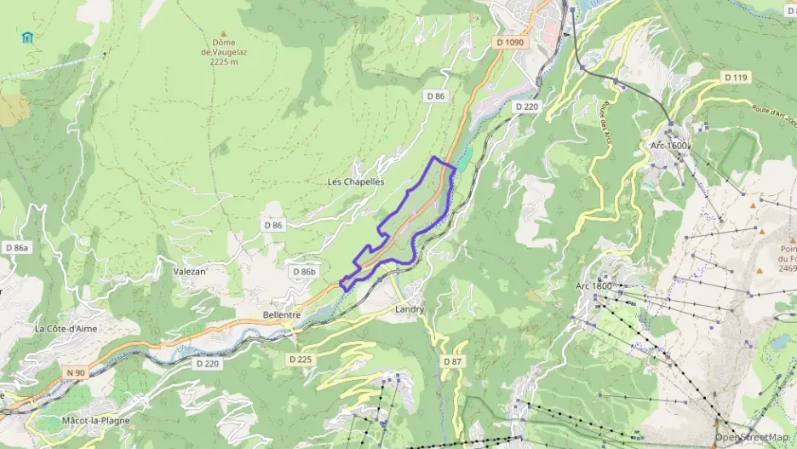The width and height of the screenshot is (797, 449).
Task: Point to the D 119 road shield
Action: pyautogui.click(x=737, y=78)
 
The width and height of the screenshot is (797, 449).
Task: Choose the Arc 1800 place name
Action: pyautogui.click(x=593, y=285)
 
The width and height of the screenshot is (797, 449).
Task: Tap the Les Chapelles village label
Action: pyautogui.click(x=356, y=182)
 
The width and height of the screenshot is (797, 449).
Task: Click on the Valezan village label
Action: pyautogui.click(x=189, y=271)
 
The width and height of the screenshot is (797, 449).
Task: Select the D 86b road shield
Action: pyautogui.click(x=303, y=272)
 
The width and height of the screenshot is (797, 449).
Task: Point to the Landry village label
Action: pyautogui.click(x=410, y=309)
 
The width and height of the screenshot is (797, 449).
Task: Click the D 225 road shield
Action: pyautogui.click(x=301, y=360)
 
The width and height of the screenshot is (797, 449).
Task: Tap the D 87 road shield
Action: pyautogui.click(x=452, y=362)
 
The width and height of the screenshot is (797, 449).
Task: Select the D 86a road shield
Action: pyautogui.click(x=17, y=248)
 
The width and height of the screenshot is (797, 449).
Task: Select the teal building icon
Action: pyautogui.click(x=29, y=37)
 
